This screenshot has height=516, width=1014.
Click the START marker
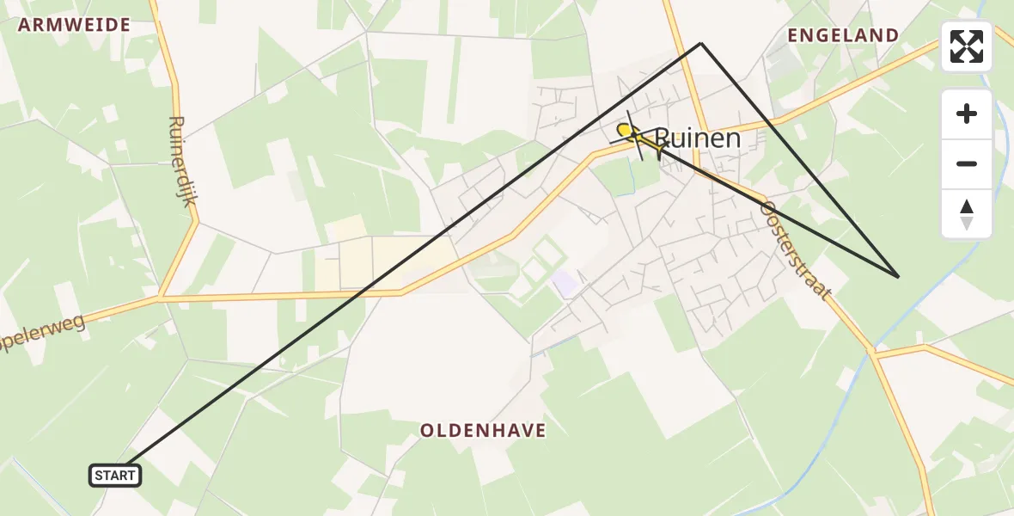click(115, 475)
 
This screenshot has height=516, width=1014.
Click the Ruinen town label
click(697, 138)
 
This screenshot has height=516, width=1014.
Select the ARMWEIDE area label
click(74, 25)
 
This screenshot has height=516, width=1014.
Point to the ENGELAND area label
click(843, 35)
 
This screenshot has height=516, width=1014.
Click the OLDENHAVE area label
click(483, 430)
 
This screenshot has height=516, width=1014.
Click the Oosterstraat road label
click(797, 250)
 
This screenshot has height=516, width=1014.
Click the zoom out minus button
click(967, 164)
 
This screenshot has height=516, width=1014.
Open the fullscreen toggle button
click(967, 46)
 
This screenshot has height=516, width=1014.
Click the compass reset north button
click(967, 214)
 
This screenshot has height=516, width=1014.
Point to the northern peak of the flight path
click(701, 42)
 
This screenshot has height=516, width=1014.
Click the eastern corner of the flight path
click(898, 276)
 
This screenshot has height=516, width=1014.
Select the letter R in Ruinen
click(663, 138)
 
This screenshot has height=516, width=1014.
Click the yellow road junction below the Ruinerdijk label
click(160, 298)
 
